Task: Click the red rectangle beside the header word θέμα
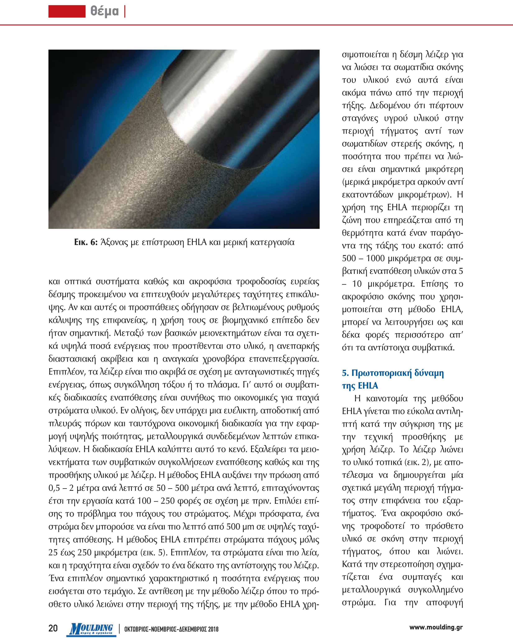67,11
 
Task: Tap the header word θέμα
105,11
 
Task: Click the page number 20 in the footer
53,628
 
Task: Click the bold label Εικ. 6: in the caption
86,242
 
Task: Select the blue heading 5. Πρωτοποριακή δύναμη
393,373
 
